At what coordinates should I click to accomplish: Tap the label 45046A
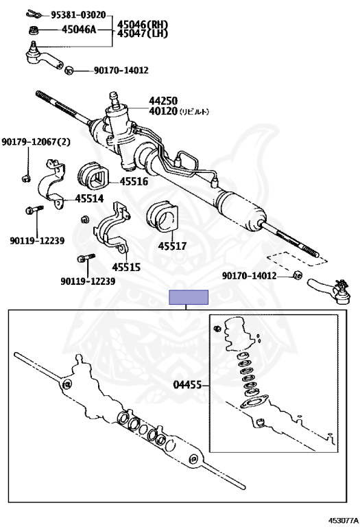80,30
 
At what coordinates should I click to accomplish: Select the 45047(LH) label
143,34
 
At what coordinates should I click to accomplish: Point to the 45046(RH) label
143,25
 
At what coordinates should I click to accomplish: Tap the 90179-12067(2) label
36,141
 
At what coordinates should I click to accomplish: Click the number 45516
134,182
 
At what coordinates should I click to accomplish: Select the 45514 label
89,199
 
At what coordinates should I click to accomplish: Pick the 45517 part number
172,246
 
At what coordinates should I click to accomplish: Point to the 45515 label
126,266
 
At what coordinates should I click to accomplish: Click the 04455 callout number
187,386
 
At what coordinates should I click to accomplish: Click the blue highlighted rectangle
189,297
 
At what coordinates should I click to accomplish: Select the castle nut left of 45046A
33,30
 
